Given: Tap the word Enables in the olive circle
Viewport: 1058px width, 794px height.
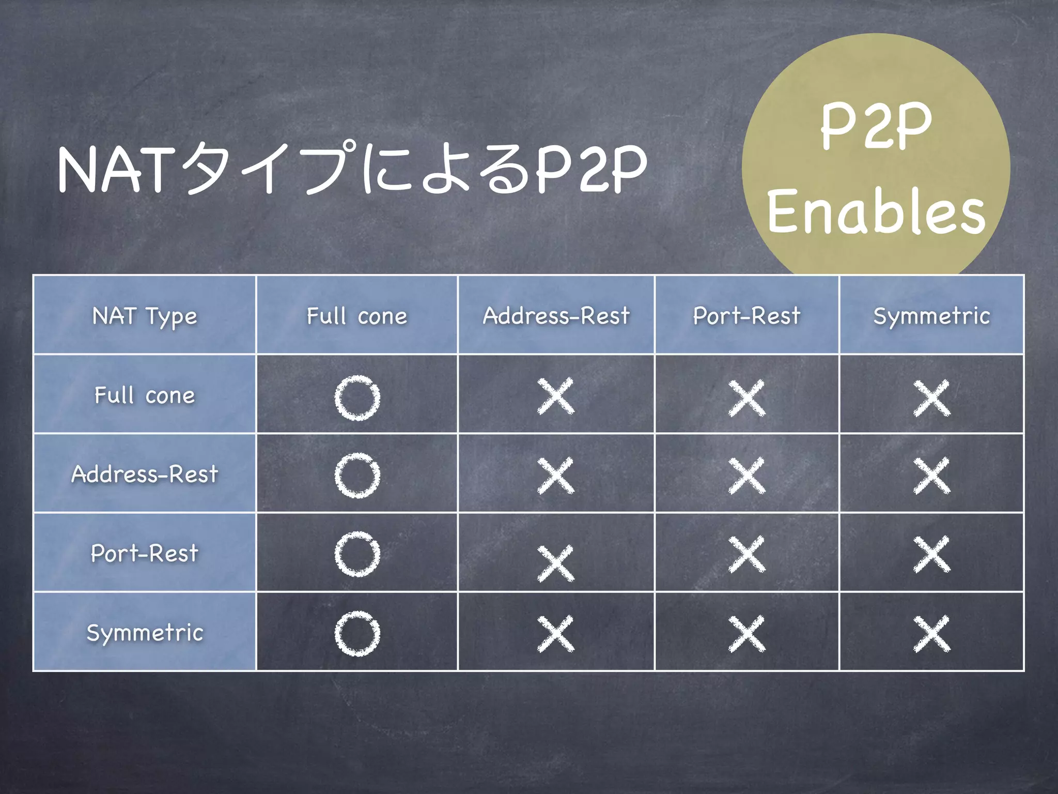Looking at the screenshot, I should (876, 211).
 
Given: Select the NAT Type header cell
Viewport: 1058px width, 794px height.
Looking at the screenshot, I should (145, 316).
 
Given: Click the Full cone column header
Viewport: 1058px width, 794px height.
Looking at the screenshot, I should (357, 316).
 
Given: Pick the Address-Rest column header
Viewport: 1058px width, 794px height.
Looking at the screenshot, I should (556, 316).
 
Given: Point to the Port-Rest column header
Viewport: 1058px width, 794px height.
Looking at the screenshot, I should (747, 316).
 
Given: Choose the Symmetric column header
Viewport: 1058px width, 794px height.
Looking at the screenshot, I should (932, 316).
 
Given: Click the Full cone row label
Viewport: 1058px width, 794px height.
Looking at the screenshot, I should (145, 395).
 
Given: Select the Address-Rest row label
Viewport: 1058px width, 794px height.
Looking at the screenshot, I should (145, 474).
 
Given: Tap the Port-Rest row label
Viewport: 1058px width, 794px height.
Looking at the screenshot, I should (145, 553).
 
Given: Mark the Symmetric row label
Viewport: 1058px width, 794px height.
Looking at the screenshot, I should (145, 633).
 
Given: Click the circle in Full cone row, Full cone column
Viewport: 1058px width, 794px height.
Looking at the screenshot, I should (357, 397).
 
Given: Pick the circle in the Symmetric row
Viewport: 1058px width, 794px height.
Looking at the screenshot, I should (357, 634).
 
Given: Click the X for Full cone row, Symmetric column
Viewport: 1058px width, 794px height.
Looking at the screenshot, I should (932, 398).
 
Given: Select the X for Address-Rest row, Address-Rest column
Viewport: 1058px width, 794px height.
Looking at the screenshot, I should (556, 476).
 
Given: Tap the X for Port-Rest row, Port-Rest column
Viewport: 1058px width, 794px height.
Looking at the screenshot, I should (747, 554).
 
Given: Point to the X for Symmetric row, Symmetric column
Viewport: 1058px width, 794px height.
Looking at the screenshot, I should (932, 634).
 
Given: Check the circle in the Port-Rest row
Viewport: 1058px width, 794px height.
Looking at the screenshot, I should (357, 554).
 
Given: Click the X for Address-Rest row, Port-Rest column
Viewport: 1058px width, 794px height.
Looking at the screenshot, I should (747, 476).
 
